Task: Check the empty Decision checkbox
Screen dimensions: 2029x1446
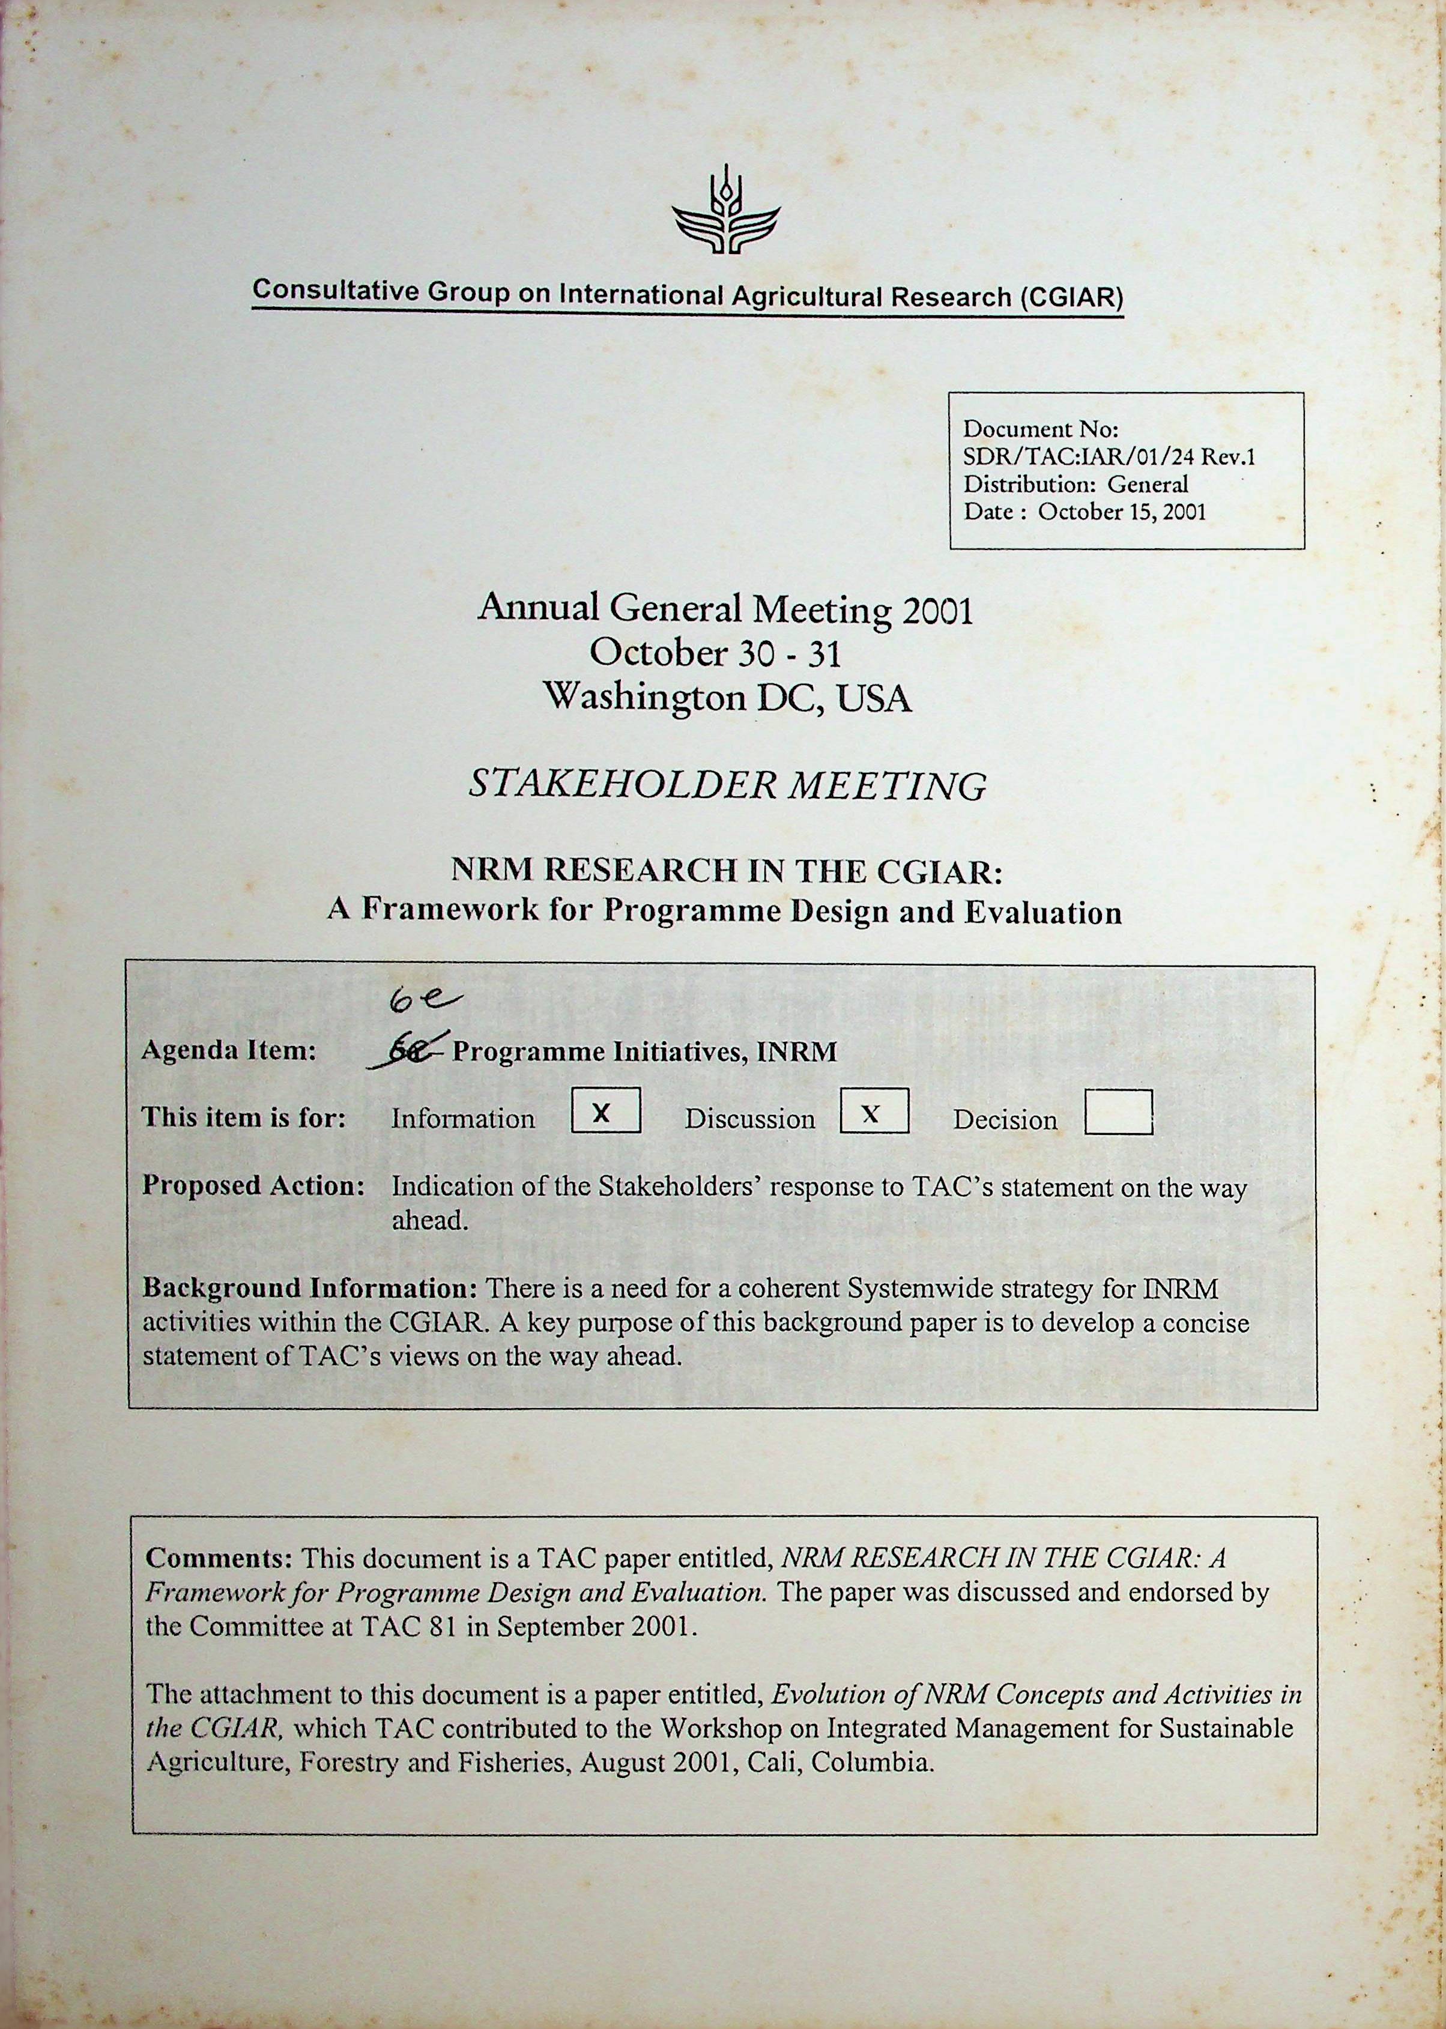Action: coord(1118,1113)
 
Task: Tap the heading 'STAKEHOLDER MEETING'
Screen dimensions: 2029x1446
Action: coord(727,786)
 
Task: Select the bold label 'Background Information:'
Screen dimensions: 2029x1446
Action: coord(310,1288)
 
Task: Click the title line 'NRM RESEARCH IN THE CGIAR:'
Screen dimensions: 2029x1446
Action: coord(727,871)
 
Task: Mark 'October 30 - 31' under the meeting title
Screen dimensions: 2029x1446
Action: coord(716,653)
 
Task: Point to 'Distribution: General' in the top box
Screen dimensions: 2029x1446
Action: coord(1075,485)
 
